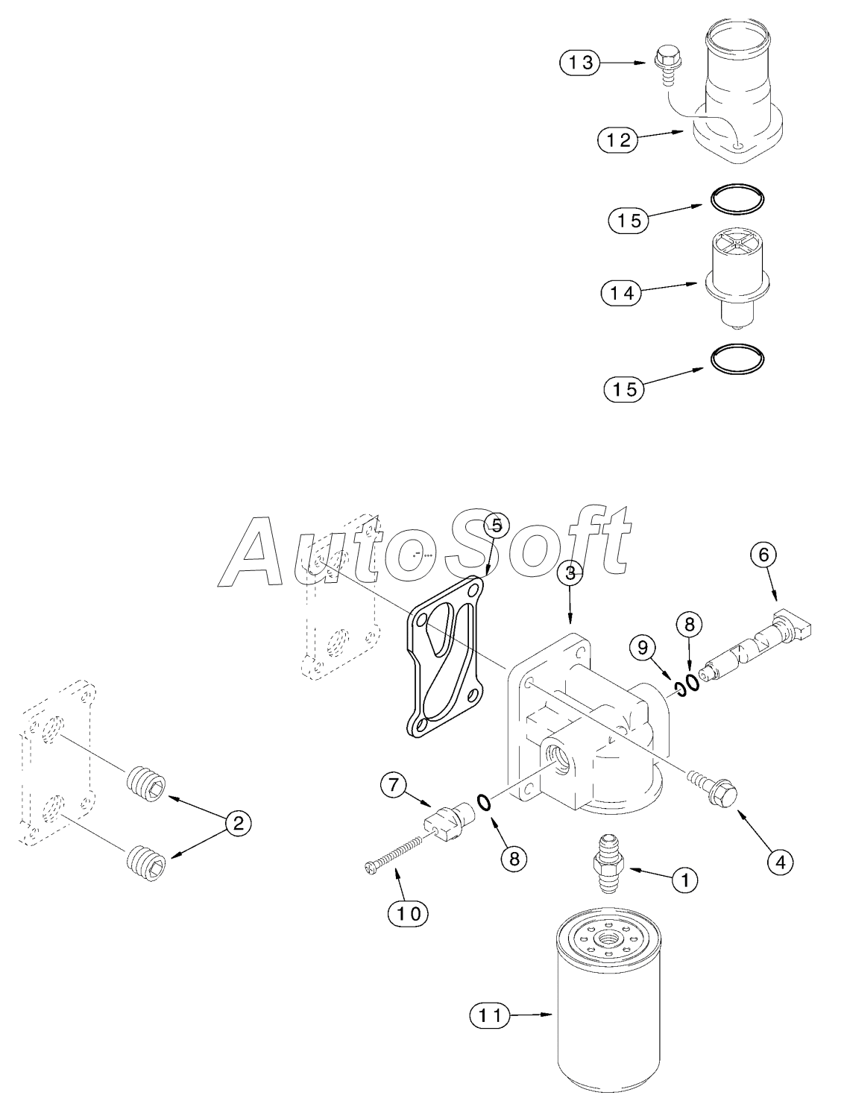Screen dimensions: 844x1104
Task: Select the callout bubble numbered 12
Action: pyautogui.click(x=618, y=139)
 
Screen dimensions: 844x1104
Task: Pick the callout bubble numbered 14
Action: pyautogui.click(x=621, y=293)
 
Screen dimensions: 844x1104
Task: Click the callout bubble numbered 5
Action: pyautogui.click(x=497, y=525)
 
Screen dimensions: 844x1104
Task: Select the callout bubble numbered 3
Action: pyautogui.click(x=570, y=572)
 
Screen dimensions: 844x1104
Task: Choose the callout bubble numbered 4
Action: pyautogui.click(x=780, y=862)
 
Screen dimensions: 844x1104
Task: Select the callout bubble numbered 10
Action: pyautogui.click(x=408, y=912)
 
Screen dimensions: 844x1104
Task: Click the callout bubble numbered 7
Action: pyautogui.click(x=394, y=784)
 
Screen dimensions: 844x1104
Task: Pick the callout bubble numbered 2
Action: pyautogui.click(x=238, y=823)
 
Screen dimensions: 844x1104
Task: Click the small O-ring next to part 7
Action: pyautogui.click(x=483, y=802)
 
